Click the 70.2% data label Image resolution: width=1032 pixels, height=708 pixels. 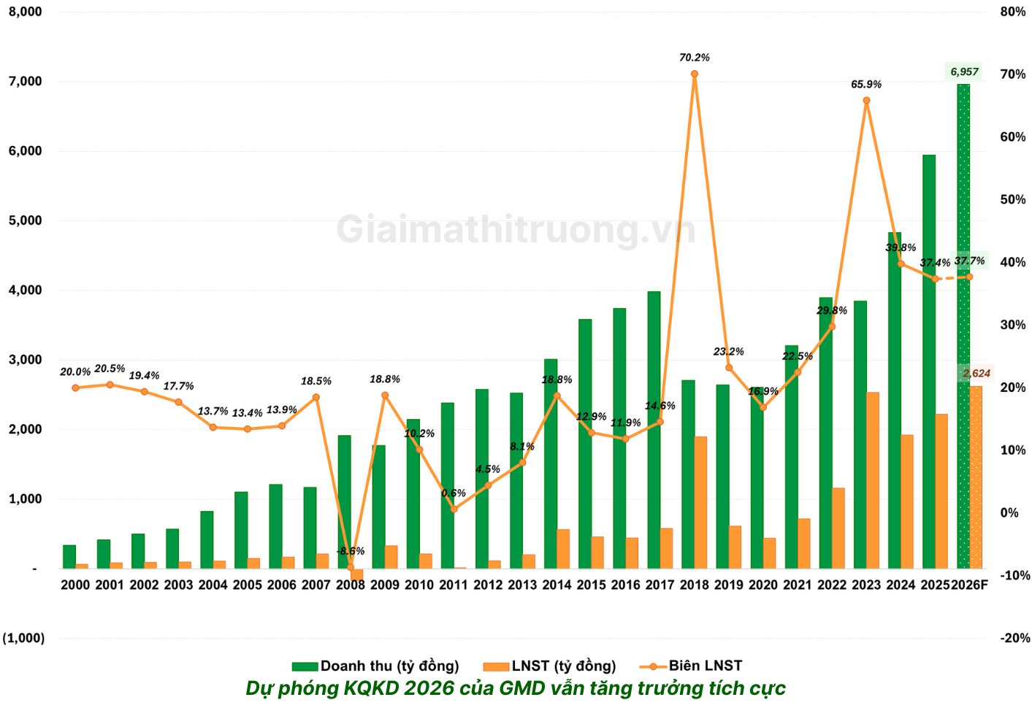pyautogui.click(x=695, y=58)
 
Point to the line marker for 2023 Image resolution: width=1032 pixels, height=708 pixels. pyautogui.click(x=866, y=101)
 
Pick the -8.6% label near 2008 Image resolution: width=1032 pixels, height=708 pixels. pyautogui.click(x=351, y=551)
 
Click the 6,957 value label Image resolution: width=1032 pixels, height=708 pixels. pyautogui.click(x=964, y=72)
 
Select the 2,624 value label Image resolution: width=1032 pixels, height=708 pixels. pyautogui.click(x=976, y=374)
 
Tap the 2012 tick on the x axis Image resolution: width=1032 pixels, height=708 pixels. pyautogui.click(x=488, y=585)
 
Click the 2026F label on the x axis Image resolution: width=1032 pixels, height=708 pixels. pyautogui.click(x=969, y=585)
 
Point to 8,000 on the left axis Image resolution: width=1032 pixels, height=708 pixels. pyautogui.click(x=26, y=12)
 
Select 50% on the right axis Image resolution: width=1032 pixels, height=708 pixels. pyautogui.click(x=1013, y=199)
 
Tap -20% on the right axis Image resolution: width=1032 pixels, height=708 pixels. pyautogui.click(x=1014, y=638)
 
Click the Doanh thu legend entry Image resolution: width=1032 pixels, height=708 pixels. pyautogui.click(x=375, y=666)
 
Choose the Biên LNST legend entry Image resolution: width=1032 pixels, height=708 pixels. pyautogui.click(x=691, y=666)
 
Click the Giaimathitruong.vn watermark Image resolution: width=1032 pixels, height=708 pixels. pyautogui.click(x=516, y=229)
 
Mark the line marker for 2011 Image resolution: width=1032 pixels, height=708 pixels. pyautogui.click(x=454, y=509)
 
